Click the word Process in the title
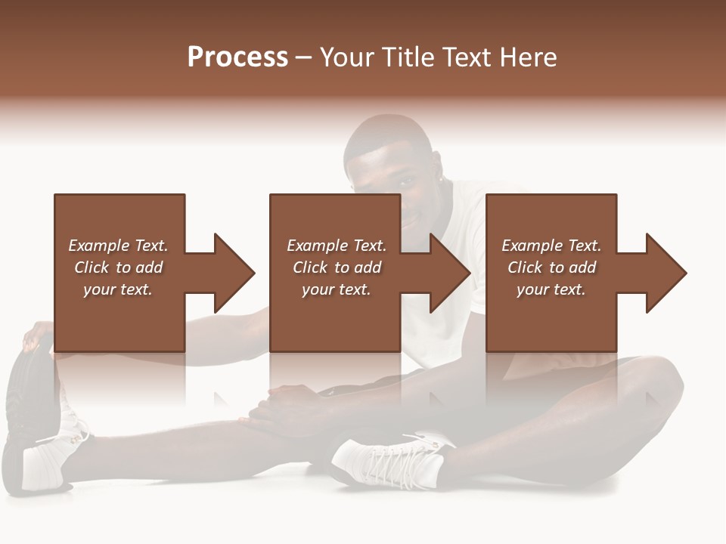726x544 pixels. coord(237,57)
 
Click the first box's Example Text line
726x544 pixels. coord(118,246)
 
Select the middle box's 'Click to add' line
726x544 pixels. coord(337,267)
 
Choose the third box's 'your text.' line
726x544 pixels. coord(551,289)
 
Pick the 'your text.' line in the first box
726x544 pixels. coord(118,289)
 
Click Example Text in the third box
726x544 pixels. coord(551,246)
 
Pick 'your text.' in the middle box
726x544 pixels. coord(337,289)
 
